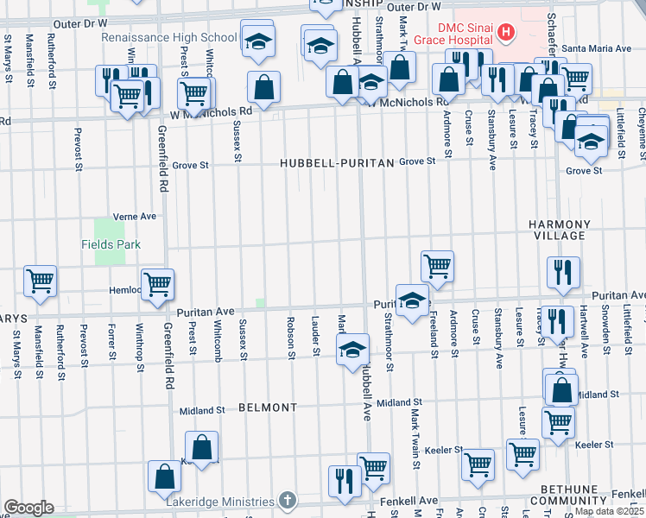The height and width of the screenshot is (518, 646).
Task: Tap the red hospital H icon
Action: pos(506,33)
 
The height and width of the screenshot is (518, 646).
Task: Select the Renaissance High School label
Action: pos(168,38)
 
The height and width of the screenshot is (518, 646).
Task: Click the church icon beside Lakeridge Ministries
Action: pos(288,501)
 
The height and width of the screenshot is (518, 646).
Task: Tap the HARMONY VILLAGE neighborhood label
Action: pos(560,230)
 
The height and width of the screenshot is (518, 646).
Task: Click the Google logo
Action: pos(28,508)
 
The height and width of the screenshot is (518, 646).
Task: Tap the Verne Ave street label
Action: pos(134,216)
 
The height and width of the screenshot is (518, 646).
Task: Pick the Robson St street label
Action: pos(291,337)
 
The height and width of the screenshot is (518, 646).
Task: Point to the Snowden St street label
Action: pos(606,326)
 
